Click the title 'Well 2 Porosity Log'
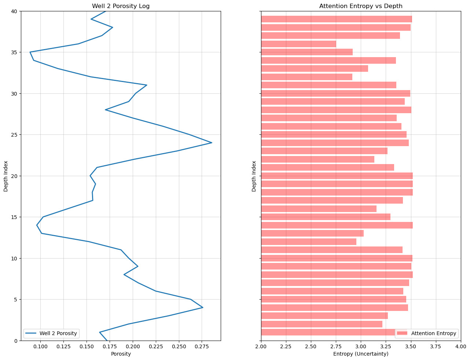coord(121,6)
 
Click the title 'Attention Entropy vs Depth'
coord(361,6)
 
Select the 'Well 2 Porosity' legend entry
coord(51,333)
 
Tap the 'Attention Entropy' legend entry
coord(426,333)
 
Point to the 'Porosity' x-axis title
coord(121,354)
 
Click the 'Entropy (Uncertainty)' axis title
coord(361,354)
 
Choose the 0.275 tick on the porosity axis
coord(202,346)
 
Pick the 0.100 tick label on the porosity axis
coord(41,346)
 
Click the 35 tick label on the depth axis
coord(14,52)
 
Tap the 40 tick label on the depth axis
coord(14,11)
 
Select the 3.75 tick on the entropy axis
coord(436,346)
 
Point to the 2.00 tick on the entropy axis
coord(261,346)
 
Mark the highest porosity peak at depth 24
coord(212,143)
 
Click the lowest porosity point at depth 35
coord(30,52)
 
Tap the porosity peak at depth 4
coord(203,307)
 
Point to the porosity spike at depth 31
coord(147,85)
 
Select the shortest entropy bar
coord(298,44)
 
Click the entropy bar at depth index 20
coord(337,176)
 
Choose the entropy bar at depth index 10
coord(337,258)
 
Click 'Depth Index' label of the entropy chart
coord(254,176)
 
